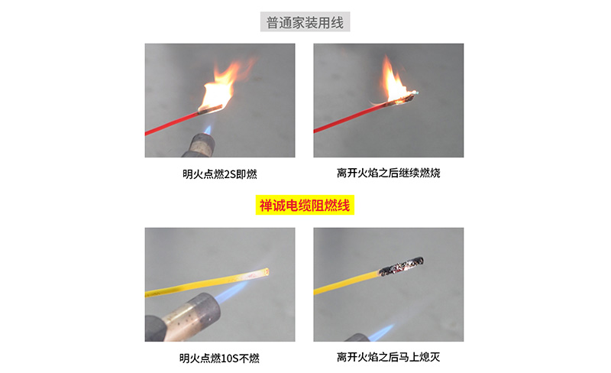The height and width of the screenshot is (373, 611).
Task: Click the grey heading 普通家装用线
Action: [x=305, y=22]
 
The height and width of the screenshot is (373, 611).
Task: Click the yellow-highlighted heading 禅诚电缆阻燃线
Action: [x=305, y=205]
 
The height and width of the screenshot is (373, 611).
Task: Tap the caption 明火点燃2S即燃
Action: [x=220, y=174]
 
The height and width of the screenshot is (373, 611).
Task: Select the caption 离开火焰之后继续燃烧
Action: [x=389, y=173]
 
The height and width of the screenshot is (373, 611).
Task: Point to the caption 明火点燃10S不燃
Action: [x=219, y=358]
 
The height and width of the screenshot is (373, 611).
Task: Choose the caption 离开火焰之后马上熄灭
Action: [x=389, y=357]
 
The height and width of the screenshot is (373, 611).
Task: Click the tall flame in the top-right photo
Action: [x=393, y=80]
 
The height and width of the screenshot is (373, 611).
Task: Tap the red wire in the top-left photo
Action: [x=171, y=124]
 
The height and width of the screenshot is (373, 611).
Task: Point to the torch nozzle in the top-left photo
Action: [x=199, y=145]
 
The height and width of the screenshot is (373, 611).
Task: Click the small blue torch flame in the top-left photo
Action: [x=208, y=130]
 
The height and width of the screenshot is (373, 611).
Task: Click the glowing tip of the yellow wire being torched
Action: [x=265, y=272]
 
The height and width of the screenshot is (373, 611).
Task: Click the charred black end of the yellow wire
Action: [x=402, y=266]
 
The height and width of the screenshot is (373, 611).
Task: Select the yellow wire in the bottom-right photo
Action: [x=347, y=283]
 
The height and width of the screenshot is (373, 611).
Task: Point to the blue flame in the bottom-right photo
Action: [x=383, y=332]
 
